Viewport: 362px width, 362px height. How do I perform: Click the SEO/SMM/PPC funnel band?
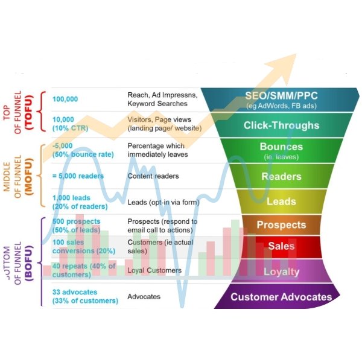click(281, 100)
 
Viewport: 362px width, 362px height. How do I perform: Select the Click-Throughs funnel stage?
click(281, 125)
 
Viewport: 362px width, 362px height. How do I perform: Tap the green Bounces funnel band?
click(281, 150)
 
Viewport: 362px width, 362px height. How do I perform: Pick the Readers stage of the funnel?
click(281, 176)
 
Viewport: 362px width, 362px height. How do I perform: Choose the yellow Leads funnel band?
click(281, 201)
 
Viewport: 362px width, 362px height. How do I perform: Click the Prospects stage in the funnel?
click(281, 224)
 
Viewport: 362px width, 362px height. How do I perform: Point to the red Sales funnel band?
click(281, 246)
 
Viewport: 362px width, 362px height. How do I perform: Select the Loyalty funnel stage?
click(281, 271)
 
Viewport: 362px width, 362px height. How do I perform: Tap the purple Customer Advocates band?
click(281, 297)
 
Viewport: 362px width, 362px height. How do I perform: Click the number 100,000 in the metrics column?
click(65, 99)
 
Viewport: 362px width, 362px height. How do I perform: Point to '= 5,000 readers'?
click(78, 176)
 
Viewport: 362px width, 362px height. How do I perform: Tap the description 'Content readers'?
click(149, 176)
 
